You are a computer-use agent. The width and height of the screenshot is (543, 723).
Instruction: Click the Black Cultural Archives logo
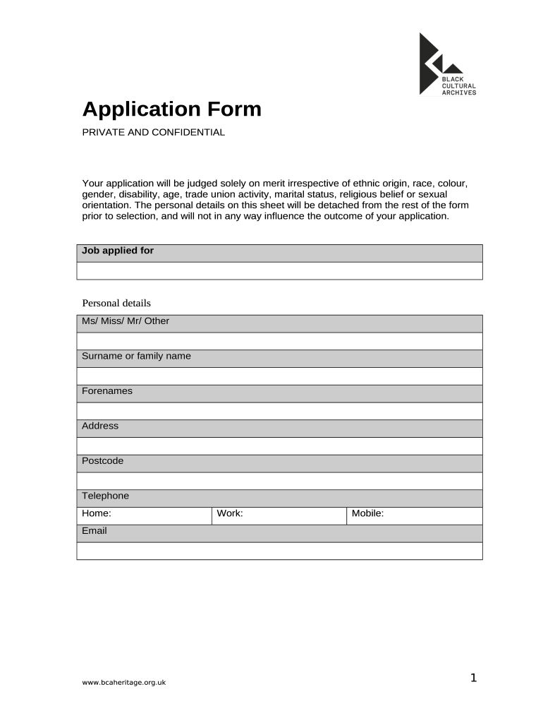[447, 65]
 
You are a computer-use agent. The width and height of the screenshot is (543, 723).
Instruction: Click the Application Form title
[171, 109]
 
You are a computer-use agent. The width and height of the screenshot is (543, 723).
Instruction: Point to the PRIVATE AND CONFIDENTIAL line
[153, 132]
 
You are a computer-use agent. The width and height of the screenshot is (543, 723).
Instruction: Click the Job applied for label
[118, 251]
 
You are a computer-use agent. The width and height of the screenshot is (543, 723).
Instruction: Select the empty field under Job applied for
[279, 271]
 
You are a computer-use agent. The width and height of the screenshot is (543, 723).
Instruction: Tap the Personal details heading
[116, 303]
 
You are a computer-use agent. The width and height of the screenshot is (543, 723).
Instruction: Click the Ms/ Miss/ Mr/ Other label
[126, 321]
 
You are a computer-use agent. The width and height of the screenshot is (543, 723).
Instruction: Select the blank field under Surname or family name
[279, 376]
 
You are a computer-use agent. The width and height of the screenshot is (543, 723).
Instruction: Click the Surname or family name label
[136, 356]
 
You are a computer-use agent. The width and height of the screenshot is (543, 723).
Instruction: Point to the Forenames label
[107, 391]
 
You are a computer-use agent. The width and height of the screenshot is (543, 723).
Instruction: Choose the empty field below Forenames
[279, 411]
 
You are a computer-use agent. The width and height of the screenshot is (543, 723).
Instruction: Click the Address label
[100, 426]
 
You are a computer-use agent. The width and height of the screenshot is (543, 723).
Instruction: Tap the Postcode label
[102, 461]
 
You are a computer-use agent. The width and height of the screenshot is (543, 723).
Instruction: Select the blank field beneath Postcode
[279, 481]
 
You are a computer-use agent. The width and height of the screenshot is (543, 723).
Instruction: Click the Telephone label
[105, 496]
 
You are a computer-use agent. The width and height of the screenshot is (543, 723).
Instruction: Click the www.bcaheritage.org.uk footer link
[124, 683]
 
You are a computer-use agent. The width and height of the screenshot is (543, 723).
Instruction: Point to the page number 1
[474, 679]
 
